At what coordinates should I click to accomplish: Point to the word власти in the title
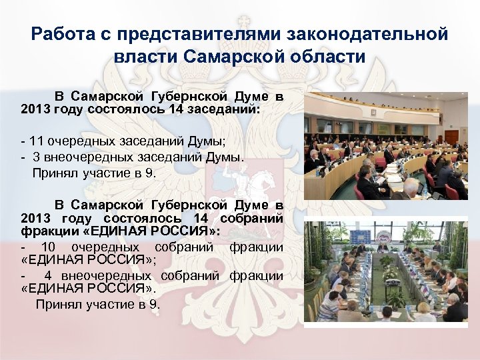[143, 56]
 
